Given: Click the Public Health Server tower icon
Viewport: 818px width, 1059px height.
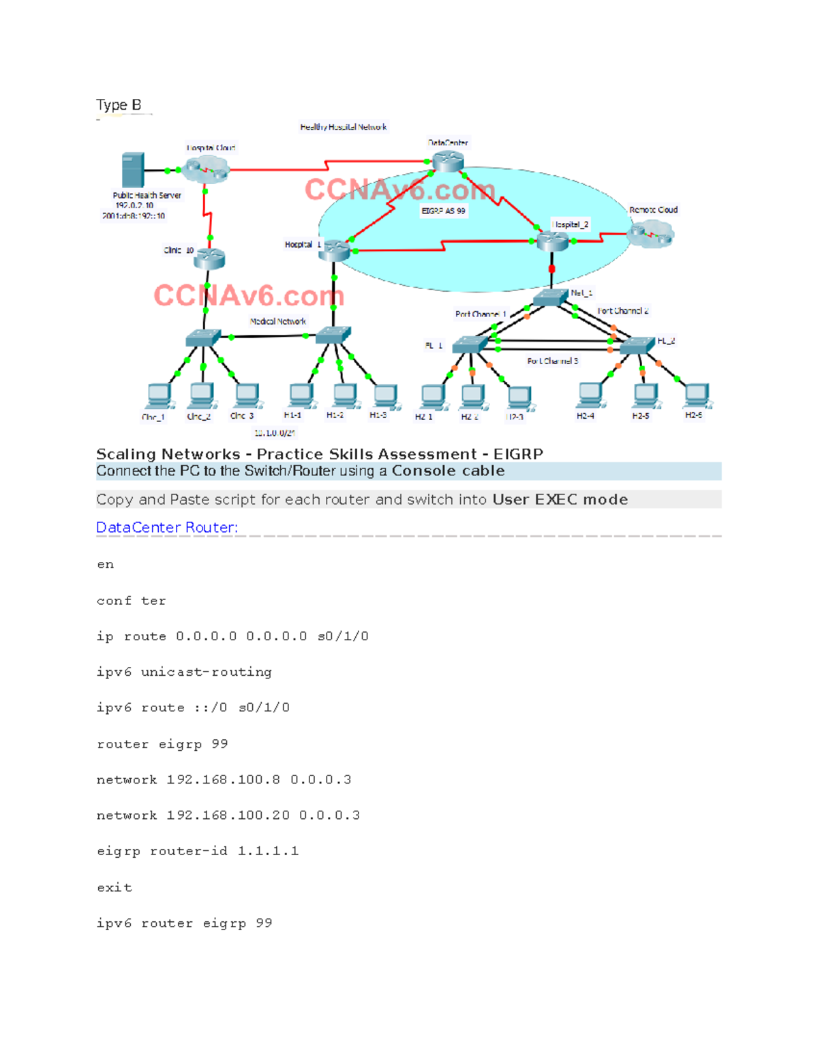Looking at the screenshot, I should [x=133, y=170].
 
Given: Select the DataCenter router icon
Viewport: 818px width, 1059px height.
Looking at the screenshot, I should [x=448, y=161].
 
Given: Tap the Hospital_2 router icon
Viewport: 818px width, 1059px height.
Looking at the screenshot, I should [x=552, y=241].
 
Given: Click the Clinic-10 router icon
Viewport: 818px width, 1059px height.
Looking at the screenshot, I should [x=209, y=258].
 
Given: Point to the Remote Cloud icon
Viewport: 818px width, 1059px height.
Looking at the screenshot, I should [x=650, y=234].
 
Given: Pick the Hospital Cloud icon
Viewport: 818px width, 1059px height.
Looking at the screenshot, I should [x=206, y=168].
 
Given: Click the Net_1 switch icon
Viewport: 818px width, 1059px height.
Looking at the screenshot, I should [x=550, y=297].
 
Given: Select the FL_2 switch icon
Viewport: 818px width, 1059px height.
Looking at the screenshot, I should [x=637, y=346].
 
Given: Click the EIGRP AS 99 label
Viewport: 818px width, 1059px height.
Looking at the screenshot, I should [x=443, y=211].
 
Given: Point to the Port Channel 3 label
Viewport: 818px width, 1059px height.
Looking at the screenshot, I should [x=552, y=361].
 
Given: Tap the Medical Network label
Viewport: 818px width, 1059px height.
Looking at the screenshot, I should [x=277, y=321].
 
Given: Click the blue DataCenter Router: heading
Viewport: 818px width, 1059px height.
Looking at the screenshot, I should [x=167, y=527].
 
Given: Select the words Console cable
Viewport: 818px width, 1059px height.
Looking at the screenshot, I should [x=448, y=471].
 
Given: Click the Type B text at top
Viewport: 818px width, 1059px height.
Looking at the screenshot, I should [x=119, y=105].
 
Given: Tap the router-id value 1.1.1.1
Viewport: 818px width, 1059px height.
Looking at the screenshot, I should [x=268, y=851].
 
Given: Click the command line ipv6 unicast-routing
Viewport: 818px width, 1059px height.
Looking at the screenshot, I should [x=184, y=672].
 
